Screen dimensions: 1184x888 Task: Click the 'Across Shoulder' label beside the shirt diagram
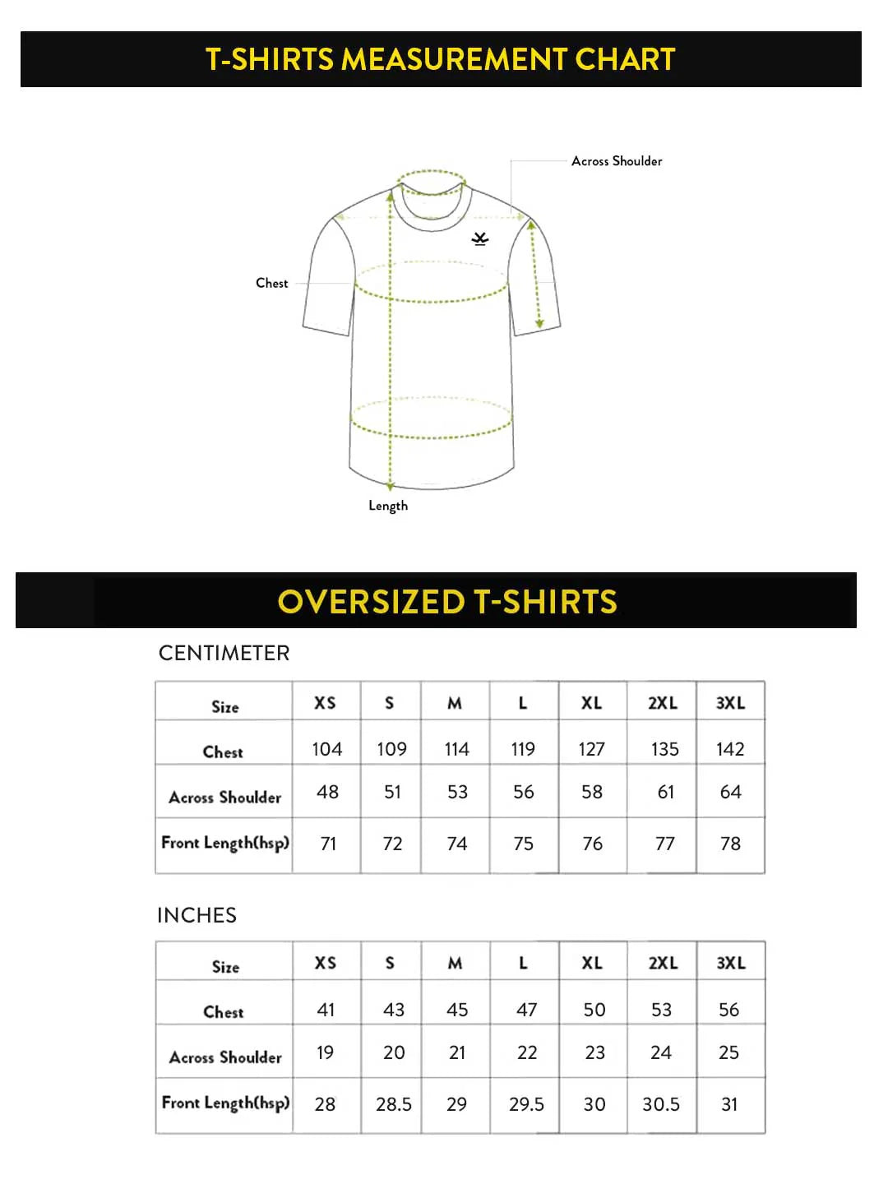(x=617, y=161)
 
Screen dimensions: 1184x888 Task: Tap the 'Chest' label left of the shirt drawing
(x=271, y=283)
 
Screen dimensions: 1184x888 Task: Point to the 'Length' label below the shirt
(x=388, y=506)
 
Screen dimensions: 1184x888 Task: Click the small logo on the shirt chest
(x=480, y=238)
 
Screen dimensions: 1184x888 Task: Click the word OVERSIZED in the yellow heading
(x=372, y=602)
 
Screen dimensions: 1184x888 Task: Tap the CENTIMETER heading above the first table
(x=224, y=653)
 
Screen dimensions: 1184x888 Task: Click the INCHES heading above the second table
(x=197, y=915)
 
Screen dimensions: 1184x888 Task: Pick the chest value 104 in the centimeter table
(x=326, y=749)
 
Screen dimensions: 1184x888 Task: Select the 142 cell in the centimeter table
(x=730, y=749)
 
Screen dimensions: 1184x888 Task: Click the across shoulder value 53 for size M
(x=457, y=792)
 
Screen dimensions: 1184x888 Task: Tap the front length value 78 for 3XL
(x=730, y=844)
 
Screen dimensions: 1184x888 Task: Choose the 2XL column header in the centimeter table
(x=663, y=703)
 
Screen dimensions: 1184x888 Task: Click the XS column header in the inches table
(x=326, y=963)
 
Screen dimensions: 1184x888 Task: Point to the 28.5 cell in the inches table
(x=394, y=1104)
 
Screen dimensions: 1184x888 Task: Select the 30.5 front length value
(x=661, y=1104)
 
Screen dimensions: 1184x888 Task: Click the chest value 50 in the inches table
(x=594, y=1010)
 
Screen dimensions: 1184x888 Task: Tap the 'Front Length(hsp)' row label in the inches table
(x=225, y=1103)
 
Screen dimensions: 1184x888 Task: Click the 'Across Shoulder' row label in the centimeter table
(x=225, y=797)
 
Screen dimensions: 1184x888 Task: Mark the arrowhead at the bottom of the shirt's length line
(x=391, y=486)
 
